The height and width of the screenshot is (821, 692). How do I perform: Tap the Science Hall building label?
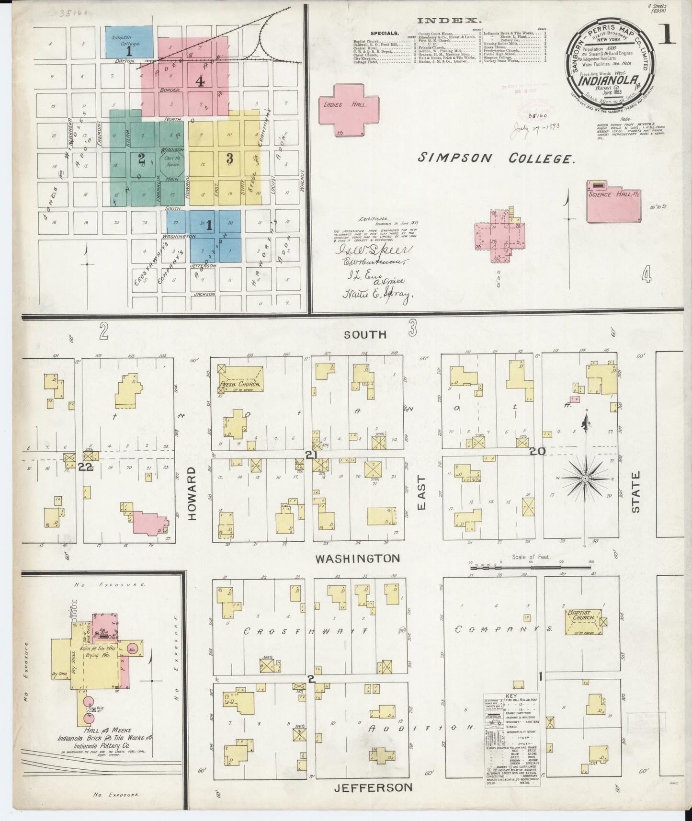coord(607,194)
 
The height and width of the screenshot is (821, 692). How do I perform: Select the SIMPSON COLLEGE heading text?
coord(496,159)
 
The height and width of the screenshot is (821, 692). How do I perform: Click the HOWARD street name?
coord(193,494)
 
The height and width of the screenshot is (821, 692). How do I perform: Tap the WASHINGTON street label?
coord(357,559)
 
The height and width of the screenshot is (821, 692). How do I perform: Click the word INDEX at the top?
coord(449,21)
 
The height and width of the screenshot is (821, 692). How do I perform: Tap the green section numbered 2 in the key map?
coord(141,158)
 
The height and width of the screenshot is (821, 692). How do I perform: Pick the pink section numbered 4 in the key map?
coord(200,81)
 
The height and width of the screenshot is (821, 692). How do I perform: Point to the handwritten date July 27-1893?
coord(537,128)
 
